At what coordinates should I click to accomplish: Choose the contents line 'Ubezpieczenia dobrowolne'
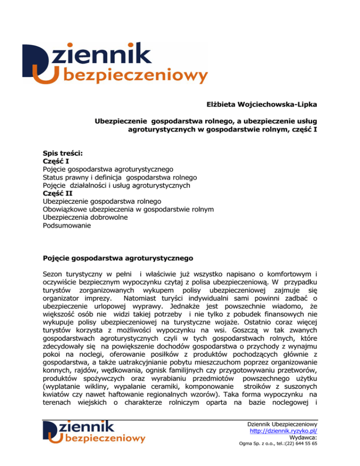coord(85,218)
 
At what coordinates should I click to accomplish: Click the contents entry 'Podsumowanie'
coord(67,226)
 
